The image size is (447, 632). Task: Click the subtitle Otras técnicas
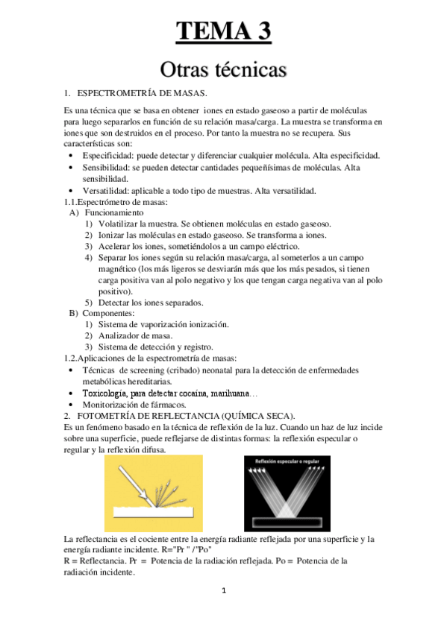pyautogui.click(x=223, y=70)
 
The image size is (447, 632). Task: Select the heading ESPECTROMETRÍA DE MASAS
pyautogui.click(x=142, y=93)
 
